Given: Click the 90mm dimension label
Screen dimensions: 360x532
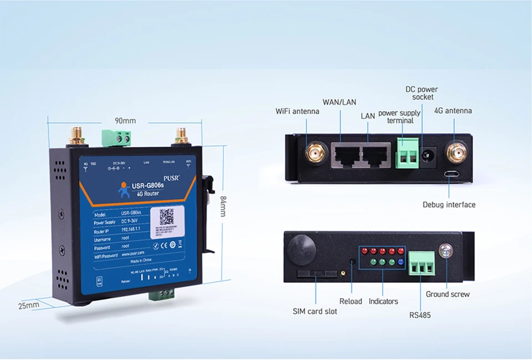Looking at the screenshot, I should click(x=125, y=121).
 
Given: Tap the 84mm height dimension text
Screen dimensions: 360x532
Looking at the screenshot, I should click(x=223, y=206).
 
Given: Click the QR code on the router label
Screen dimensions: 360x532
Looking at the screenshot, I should click(x=167, y=217).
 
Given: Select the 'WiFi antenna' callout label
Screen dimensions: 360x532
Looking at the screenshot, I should click(x=298, y=111).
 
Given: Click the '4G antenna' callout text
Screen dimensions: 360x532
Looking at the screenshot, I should click(x=453, y=111).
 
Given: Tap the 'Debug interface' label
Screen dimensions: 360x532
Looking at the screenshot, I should click(x=449, y=205).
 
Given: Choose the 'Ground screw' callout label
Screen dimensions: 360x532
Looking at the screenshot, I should click(x=448, y=294).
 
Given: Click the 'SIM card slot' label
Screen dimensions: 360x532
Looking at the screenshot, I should click(x=315, y=311).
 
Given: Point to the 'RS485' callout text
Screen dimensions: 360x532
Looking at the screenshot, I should click(x=420, y=315).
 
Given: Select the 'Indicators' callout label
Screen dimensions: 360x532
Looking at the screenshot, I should click(x=383, y=301).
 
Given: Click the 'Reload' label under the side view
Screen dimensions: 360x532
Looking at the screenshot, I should click(x=350, y=301).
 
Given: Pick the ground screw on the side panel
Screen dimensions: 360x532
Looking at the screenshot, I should click(x=443, y=251).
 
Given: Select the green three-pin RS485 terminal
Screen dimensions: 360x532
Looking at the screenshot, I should click(x=422, y=265).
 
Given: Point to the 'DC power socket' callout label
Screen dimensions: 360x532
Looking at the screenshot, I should click(x=422, y=93).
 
